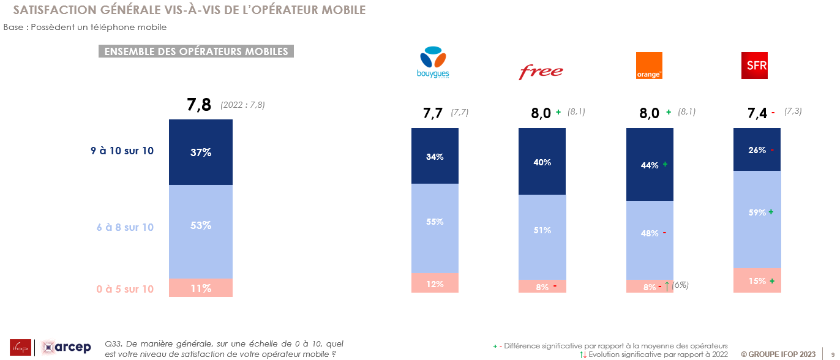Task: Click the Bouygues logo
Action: coord(433,63)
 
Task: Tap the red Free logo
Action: coord(541,72)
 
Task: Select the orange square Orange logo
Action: coord(649,66)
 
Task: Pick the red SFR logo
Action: coord(754,66)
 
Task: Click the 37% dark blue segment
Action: coord(201,152)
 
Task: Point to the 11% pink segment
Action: coord(201,288)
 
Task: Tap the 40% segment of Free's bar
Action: coord(542,162)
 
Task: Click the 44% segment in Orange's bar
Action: coord(650,165)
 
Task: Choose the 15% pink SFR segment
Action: coord(757,280)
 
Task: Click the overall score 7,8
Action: coord(199,105)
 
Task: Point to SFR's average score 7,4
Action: coord(757,113)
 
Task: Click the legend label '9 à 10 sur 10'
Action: coord(122,151)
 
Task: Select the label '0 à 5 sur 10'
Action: coord(124,289)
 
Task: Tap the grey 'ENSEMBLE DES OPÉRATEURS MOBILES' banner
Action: coord(197,51)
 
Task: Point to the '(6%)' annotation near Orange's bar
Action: coord(680,285)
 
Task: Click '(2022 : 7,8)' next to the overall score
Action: coord(242,105)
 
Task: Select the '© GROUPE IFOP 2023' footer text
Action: coord(778,354)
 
